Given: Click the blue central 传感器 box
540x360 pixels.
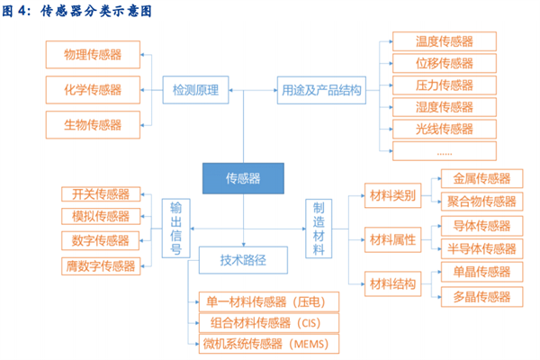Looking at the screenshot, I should [x=242, y=178].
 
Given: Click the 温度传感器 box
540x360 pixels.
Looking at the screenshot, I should [x=444, y=41].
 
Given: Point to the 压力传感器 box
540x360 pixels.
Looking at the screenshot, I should [x=444, y=85].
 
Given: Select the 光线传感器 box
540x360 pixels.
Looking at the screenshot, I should [x=444, y=129].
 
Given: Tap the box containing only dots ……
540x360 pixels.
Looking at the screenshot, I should [x=444, y=150].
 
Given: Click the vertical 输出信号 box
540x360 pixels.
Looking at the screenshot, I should [x=176, y=229].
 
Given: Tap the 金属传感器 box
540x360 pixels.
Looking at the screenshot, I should [x=481, y=178].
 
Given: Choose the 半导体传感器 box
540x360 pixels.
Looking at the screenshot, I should [x=481, y=248].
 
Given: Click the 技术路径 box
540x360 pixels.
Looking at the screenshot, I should [x=243, y=262].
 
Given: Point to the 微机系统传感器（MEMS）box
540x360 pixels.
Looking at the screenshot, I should [x=260, y=344].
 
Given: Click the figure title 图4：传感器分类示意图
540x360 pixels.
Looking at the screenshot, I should [x=76, y=12].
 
